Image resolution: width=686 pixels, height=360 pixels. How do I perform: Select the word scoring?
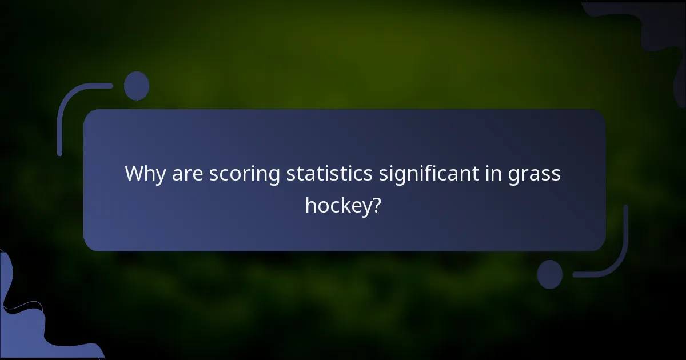[244, 175]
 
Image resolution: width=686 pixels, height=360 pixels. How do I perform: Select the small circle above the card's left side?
[137, 86]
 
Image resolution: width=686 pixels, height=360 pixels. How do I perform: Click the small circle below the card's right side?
[549, 274]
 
